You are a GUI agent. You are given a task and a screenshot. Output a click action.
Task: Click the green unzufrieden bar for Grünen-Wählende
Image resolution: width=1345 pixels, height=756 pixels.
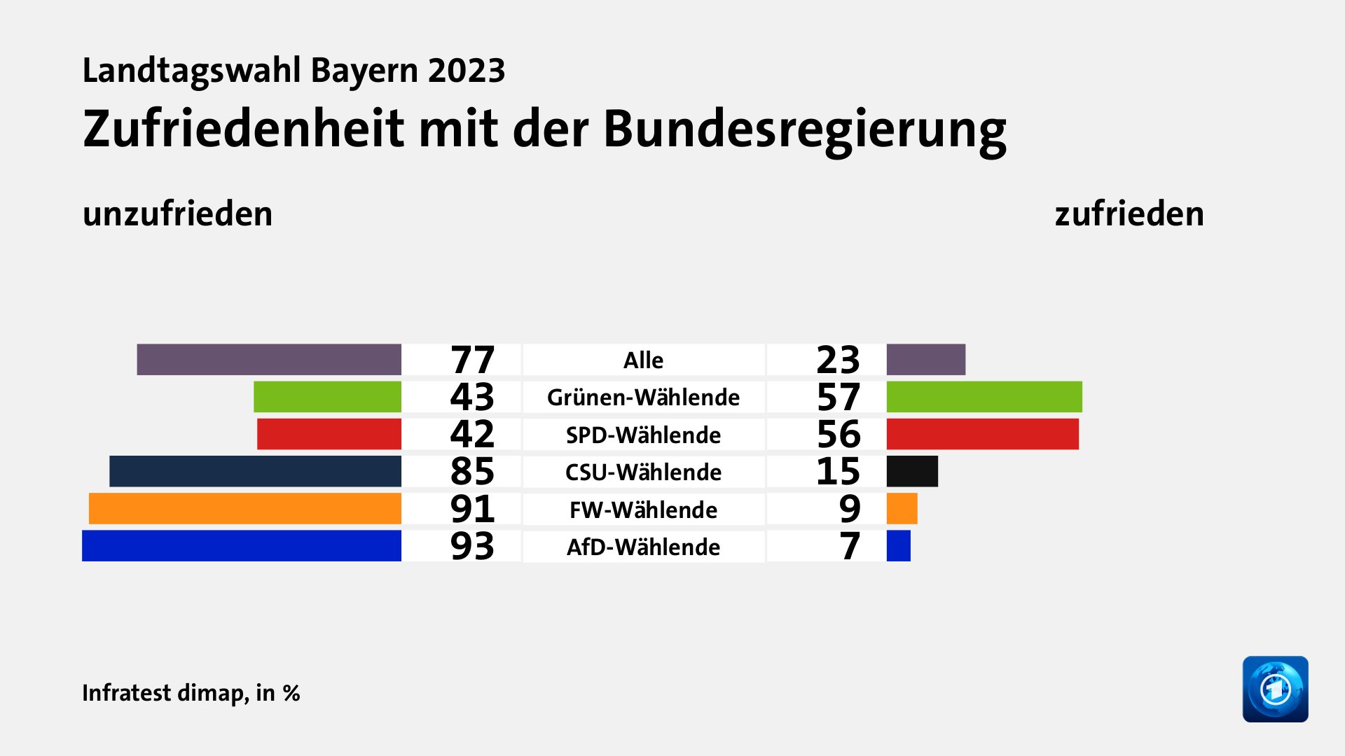(x=327, y=397)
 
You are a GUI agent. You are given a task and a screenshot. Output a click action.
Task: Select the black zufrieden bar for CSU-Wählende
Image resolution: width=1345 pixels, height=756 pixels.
(x=912, y=471)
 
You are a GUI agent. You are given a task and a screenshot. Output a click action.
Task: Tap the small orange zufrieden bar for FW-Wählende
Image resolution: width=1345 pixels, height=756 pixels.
(x=902, y=509)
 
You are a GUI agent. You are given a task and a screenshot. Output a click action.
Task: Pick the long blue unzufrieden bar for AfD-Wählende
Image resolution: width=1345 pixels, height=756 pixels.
(x=242, y=546)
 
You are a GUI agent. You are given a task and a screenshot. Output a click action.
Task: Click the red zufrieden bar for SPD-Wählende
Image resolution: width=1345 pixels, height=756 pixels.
(x=982, y=434)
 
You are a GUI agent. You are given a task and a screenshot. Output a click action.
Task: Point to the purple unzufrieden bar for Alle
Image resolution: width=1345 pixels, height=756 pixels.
(x=269, y=360)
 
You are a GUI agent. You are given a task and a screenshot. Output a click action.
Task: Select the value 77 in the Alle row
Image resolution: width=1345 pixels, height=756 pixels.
(x=472, y=360)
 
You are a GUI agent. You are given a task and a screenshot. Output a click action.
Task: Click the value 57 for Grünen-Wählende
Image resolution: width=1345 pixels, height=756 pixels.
(x=838, y=397)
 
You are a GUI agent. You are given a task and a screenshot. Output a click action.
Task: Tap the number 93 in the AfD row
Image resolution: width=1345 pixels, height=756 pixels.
(x=472, y=546)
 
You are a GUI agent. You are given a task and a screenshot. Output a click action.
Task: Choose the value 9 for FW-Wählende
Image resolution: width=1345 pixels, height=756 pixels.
(x=849, y=509)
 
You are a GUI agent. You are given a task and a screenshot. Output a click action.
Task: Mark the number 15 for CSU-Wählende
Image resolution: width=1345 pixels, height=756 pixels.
(x=838, y=471)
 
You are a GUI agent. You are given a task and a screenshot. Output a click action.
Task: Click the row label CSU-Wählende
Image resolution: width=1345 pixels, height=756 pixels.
(x=643, y=472)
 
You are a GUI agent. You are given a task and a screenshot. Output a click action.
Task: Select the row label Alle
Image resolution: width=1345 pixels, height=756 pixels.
(x=643, y=360)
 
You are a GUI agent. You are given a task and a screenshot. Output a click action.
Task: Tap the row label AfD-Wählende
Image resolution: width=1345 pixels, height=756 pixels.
(x=643, y=547)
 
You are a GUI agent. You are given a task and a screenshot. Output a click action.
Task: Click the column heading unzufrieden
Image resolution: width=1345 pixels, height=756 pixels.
(x=177, y=213)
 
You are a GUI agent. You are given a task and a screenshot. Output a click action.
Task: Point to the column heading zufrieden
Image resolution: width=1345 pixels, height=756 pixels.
(x=1129, y=213)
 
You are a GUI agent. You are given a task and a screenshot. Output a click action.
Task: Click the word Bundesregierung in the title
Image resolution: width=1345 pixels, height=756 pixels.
(x=804, y=130)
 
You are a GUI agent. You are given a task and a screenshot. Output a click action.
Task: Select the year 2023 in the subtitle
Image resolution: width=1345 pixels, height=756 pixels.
(x=467, y=71)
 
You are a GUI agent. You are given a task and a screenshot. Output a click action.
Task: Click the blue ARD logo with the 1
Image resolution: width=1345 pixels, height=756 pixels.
(x=1275, y=689)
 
